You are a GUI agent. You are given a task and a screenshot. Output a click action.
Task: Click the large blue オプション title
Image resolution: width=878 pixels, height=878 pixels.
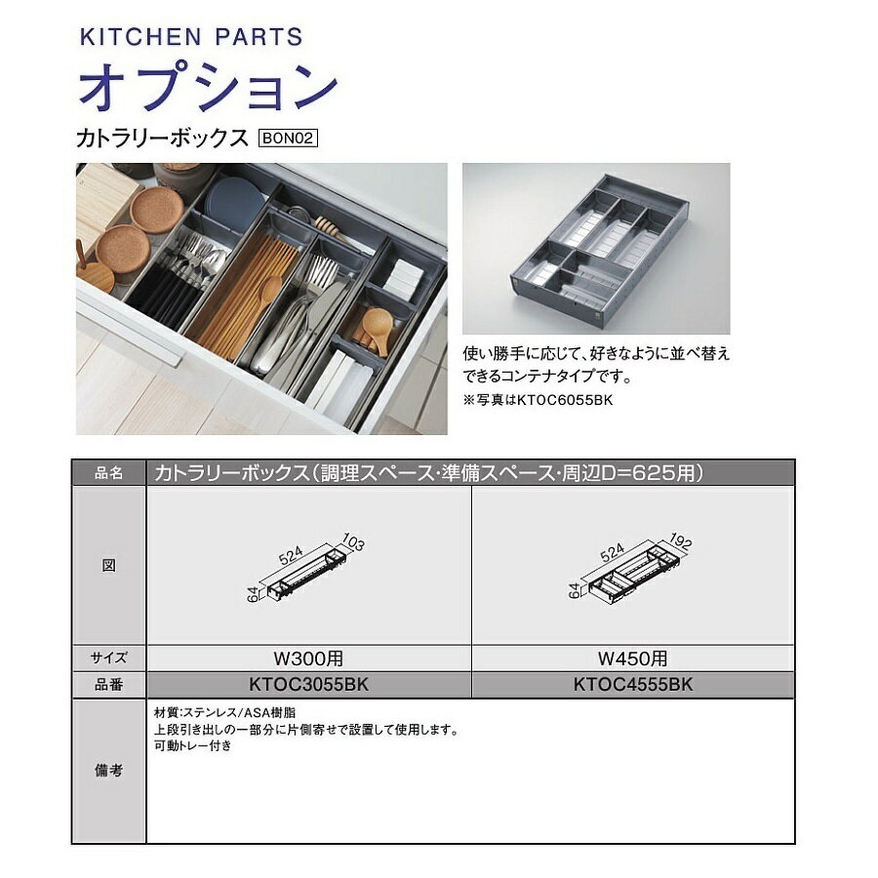coord(207,89)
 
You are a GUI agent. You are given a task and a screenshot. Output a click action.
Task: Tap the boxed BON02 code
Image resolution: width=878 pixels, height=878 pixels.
coord(289,139)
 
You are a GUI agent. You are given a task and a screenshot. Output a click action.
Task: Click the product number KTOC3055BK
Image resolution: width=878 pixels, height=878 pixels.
coord(308,685)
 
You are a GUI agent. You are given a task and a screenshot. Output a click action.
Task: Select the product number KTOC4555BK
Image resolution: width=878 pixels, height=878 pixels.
coord(633,685)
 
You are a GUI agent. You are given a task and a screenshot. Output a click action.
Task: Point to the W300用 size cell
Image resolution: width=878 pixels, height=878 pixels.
coord(308,658)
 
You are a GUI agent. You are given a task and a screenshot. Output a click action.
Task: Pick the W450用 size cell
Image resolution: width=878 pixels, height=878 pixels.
coord(633,658)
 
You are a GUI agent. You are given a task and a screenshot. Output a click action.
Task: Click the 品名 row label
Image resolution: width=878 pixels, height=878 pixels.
coord(108,473)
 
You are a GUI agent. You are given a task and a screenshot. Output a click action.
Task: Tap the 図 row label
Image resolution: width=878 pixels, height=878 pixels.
coord(108,566)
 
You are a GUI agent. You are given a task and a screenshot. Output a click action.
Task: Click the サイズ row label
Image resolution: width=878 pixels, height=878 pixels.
coord(108,658)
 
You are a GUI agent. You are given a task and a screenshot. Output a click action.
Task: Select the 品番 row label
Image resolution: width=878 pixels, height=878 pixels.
coord(108,685)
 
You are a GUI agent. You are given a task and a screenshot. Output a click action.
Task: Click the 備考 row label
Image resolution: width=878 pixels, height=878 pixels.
coord(108,771)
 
